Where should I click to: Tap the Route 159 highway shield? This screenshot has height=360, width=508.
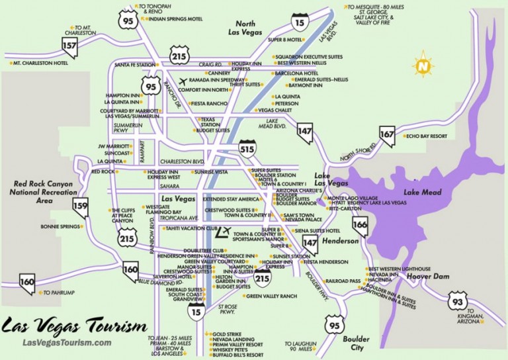[81, 206]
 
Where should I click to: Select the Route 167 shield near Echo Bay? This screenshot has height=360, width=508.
[387, 135]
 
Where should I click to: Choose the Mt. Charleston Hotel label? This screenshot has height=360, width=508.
[42, 64]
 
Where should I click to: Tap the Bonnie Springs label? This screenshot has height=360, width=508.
[60, 226]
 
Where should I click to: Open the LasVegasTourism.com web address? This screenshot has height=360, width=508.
[67, 342]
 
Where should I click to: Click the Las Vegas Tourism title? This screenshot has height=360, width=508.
[73, 326]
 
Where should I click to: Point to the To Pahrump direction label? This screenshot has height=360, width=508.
[62, 292]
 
